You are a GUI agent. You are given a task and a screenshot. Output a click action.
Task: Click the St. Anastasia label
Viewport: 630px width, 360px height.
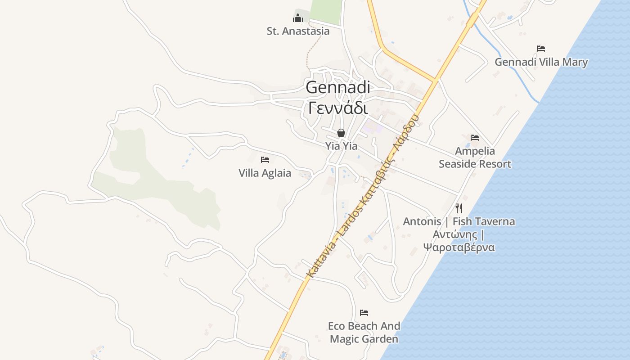pos(298,31)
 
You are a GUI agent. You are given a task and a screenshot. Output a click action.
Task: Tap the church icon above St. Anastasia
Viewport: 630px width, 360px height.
pos(298,18)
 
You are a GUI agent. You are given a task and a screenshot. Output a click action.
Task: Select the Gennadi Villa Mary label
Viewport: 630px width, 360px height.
pos(541,62)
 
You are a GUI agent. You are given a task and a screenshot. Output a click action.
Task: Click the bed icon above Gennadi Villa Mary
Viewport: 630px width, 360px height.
pos(541,49)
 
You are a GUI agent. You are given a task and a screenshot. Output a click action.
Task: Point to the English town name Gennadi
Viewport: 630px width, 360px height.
pos(338,87)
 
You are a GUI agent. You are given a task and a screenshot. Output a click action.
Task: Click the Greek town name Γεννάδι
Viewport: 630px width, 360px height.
pos(338,108)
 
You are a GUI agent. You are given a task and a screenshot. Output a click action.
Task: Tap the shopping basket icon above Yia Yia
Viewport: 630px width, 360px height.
pos(341,133)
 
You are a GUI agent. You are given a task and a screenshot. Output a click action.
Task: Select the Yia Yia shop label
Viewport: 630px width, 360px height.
pos(341,146)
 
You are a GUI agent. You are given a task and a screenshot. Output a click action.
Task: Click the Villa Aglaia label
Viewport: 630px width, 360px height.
pos(265,173)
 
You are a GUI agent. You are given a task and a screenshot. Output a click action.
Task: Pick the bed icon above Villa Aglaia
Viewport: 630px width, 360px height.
pos(265,159)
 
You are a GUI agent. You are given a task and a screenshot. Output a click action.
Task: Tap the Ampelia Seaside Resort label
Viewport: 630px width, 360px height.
pos(475,157)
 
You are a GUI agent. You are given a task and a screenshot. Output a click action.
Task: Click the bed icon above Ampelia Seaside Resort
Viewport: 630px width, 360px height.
pos(475,138)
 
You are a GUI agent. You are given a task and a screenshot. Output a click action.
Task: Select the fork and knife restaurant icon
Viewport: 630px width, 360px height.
pos(459,208)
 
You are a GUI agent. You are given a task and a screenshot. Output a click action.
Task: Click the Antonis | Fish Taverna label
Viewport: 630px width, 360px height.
pos(459,221)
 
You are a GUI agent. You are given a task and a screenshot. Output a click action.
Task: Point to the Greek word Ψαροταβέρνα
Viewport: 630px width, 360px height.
pos(459,247)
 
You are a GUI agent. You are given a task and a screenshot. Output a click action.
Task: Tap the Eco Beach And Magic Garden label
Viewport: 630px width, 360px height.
pos(364,332)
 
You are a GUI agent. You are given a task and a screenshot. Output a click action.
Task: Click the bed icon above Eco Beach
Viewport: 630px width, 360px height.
pos(364,312)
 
